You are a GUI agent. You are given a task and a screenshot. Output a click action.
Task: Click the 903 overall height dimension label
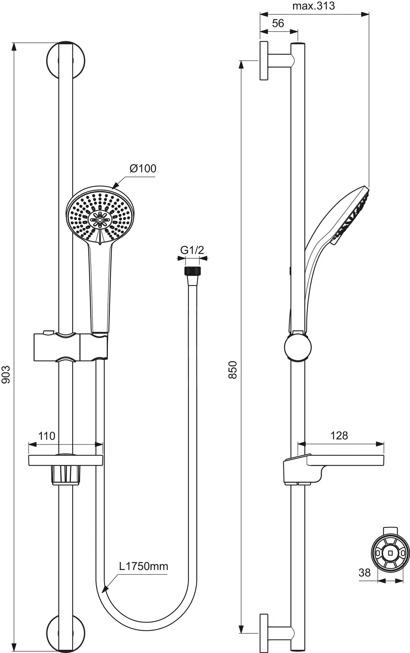6,375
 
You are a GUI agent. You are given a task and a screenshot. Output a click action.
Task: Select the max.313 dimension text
313,6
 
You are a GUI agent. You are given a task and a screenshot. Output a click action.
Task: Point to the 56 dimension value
278,23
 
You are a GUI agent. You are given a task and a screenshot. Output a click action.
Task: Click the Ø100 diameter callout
143,168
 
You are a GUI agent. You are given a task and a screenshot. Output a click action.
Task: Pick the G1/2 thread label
192,250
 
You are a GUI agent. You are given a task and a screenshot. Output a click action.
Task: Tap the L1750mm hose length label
143,566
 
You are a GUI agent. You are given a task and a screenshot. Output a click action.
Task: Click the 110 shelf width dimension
46,436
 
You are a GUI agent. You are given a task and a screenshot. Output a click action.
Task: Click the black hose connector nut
192,271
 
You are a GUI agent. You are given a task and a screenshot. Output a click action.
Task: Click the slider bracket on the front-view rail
70,346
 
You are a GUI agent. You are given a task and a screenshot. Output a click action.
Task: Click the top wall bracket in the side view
270,61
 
